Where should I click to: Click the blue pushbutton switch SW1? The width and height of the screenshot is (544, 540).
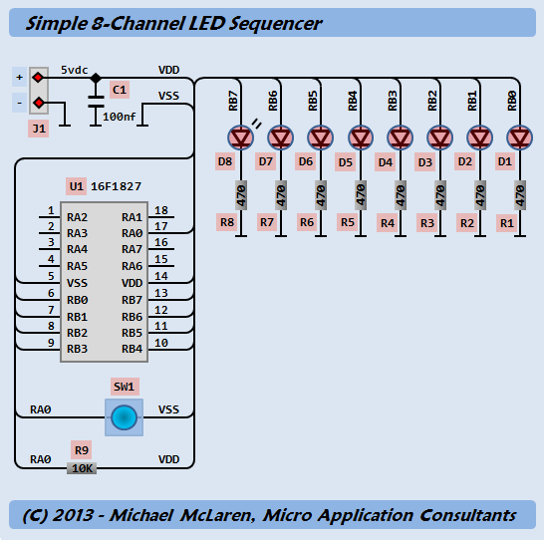point(124,417)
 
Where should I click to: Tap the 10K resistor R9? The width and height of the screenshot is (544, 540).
point(82,468)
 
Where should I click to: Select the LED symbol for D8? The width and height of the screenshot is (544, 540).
point(241,137)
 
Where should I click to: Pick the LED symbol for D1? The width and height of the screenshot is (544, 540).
point(520,137)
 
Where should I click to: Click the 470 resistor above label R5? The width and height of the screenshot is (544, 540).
point(361,195)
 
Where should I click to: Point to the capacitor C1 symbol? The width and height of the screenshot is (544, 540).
point(96,102)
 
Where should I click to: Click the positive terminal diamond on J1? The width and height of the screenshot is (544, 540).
point(38,77)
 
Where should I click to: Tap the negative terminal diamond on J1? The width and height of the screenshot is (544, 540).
point(39,103)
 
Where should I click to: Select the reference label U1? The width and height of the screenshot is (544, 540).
point(76,186)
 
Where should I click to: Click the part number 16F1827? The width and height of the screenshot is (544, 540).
point(116,186)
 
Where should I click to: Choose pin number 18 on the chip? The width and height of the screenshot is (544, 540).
point(161,210)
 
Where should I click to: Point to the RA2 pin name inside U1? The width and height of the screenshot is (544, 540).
point(77,217)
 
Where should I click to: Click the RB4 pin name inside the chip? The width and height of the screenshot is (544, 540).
point(132,349)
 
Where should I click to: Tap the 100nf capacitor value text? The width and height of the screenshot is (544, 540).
point(119,117)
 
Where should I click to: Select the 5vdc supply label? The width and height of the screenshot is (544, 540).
point(75,70)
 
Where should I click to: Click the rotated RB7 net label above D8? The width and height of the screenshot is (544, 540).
point(233,101)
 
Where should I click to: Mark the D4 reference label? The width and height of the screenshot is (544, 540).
point(386,162)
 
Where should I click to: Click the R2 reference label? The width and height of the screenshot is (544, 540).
point(467,223)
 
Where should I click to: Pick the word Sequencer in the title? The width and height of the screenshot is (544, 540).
point(275,24)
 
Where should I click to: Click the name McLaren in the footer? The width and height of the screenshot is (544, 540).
point(218,515)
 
